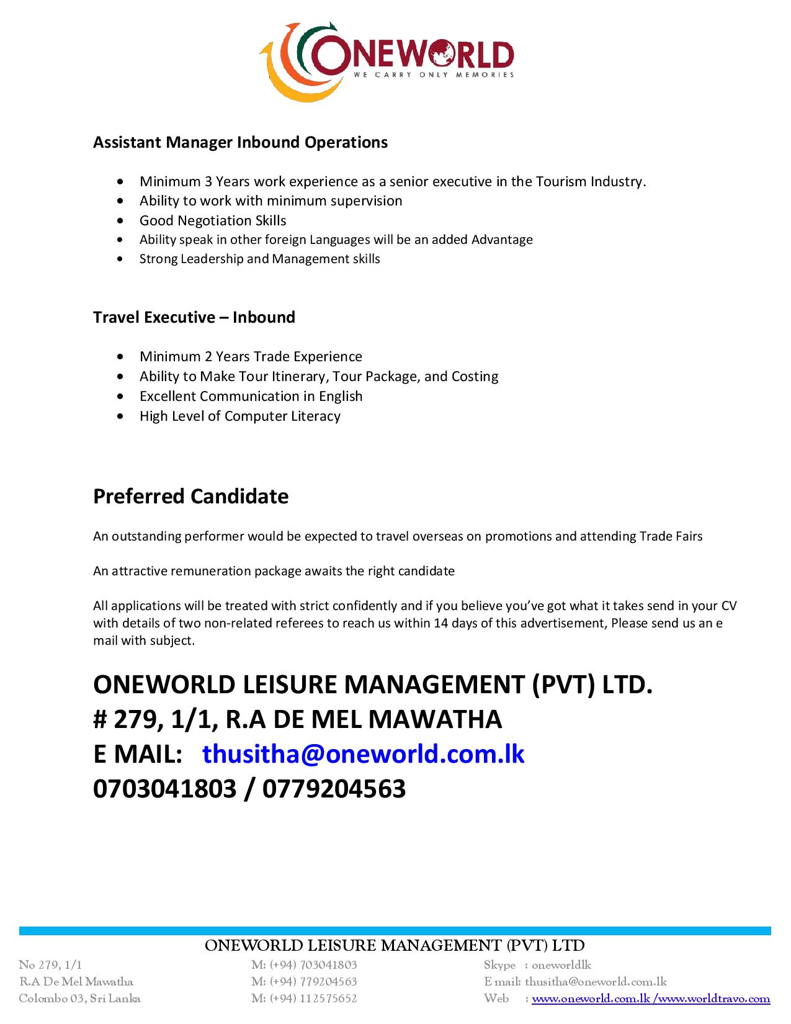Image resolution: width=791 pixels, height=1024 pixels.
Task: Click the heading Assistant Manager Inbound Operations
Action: pyautogui.click(x=240, y=142)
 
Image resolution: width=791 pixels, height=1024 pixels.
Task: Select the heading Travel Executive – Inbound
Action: pyautogui.click(x=194, y=317)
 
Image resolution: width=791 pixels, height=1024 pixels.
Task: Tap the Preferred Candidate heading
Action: pyautogui.click(x=190, y=496)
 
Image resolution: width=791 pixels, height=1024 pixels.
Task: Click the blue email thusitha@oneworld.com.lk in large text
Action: pyautogui.click(x=364, y=753)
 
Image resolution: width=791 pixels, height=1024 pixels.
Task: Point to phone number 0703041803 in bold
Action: pyautogui.click(x=164, y=788)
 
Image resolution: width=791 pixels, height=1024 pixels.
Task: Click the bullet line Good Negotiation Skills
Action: pyautogui.click(x=213, y=220)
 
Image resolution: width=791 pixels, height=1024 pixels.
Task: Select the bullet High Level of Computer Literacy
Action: pyautogui.click(x=239, y=416)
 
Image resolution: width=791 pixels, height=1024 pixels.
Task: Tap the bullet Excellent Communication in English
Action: pyautogui.click(x=251, y=396)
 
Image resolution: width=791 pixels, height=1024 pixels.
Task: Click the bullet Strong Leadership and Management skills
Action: pyautogui.click(x=259, y=259)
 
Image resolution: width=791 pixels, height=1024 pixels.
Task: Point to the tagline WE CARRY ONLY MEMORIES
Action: pyautogui.click(x=434, y=75)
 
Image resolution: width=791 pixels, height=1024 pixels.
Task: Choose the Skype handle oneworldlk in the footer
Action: pyautogui.click(x=561, y=965)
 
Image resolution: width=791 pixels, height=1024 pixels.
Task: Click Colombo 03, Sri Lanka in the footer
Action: pyautogui.click(x=79, y=999)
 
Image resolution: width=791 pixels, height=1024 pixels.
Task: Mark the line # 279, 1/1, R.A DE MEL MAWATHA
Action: pyautogui.click(x=297, y=719)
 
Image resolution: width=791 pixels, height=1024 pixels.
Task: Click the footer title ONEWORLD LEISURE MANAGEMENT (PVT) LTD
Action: pyautogui.click(x=395, y=945)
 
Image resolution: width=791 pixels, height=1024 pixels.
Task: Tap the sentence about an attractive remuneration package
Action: pyautogui.click(x=274, y=571)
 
